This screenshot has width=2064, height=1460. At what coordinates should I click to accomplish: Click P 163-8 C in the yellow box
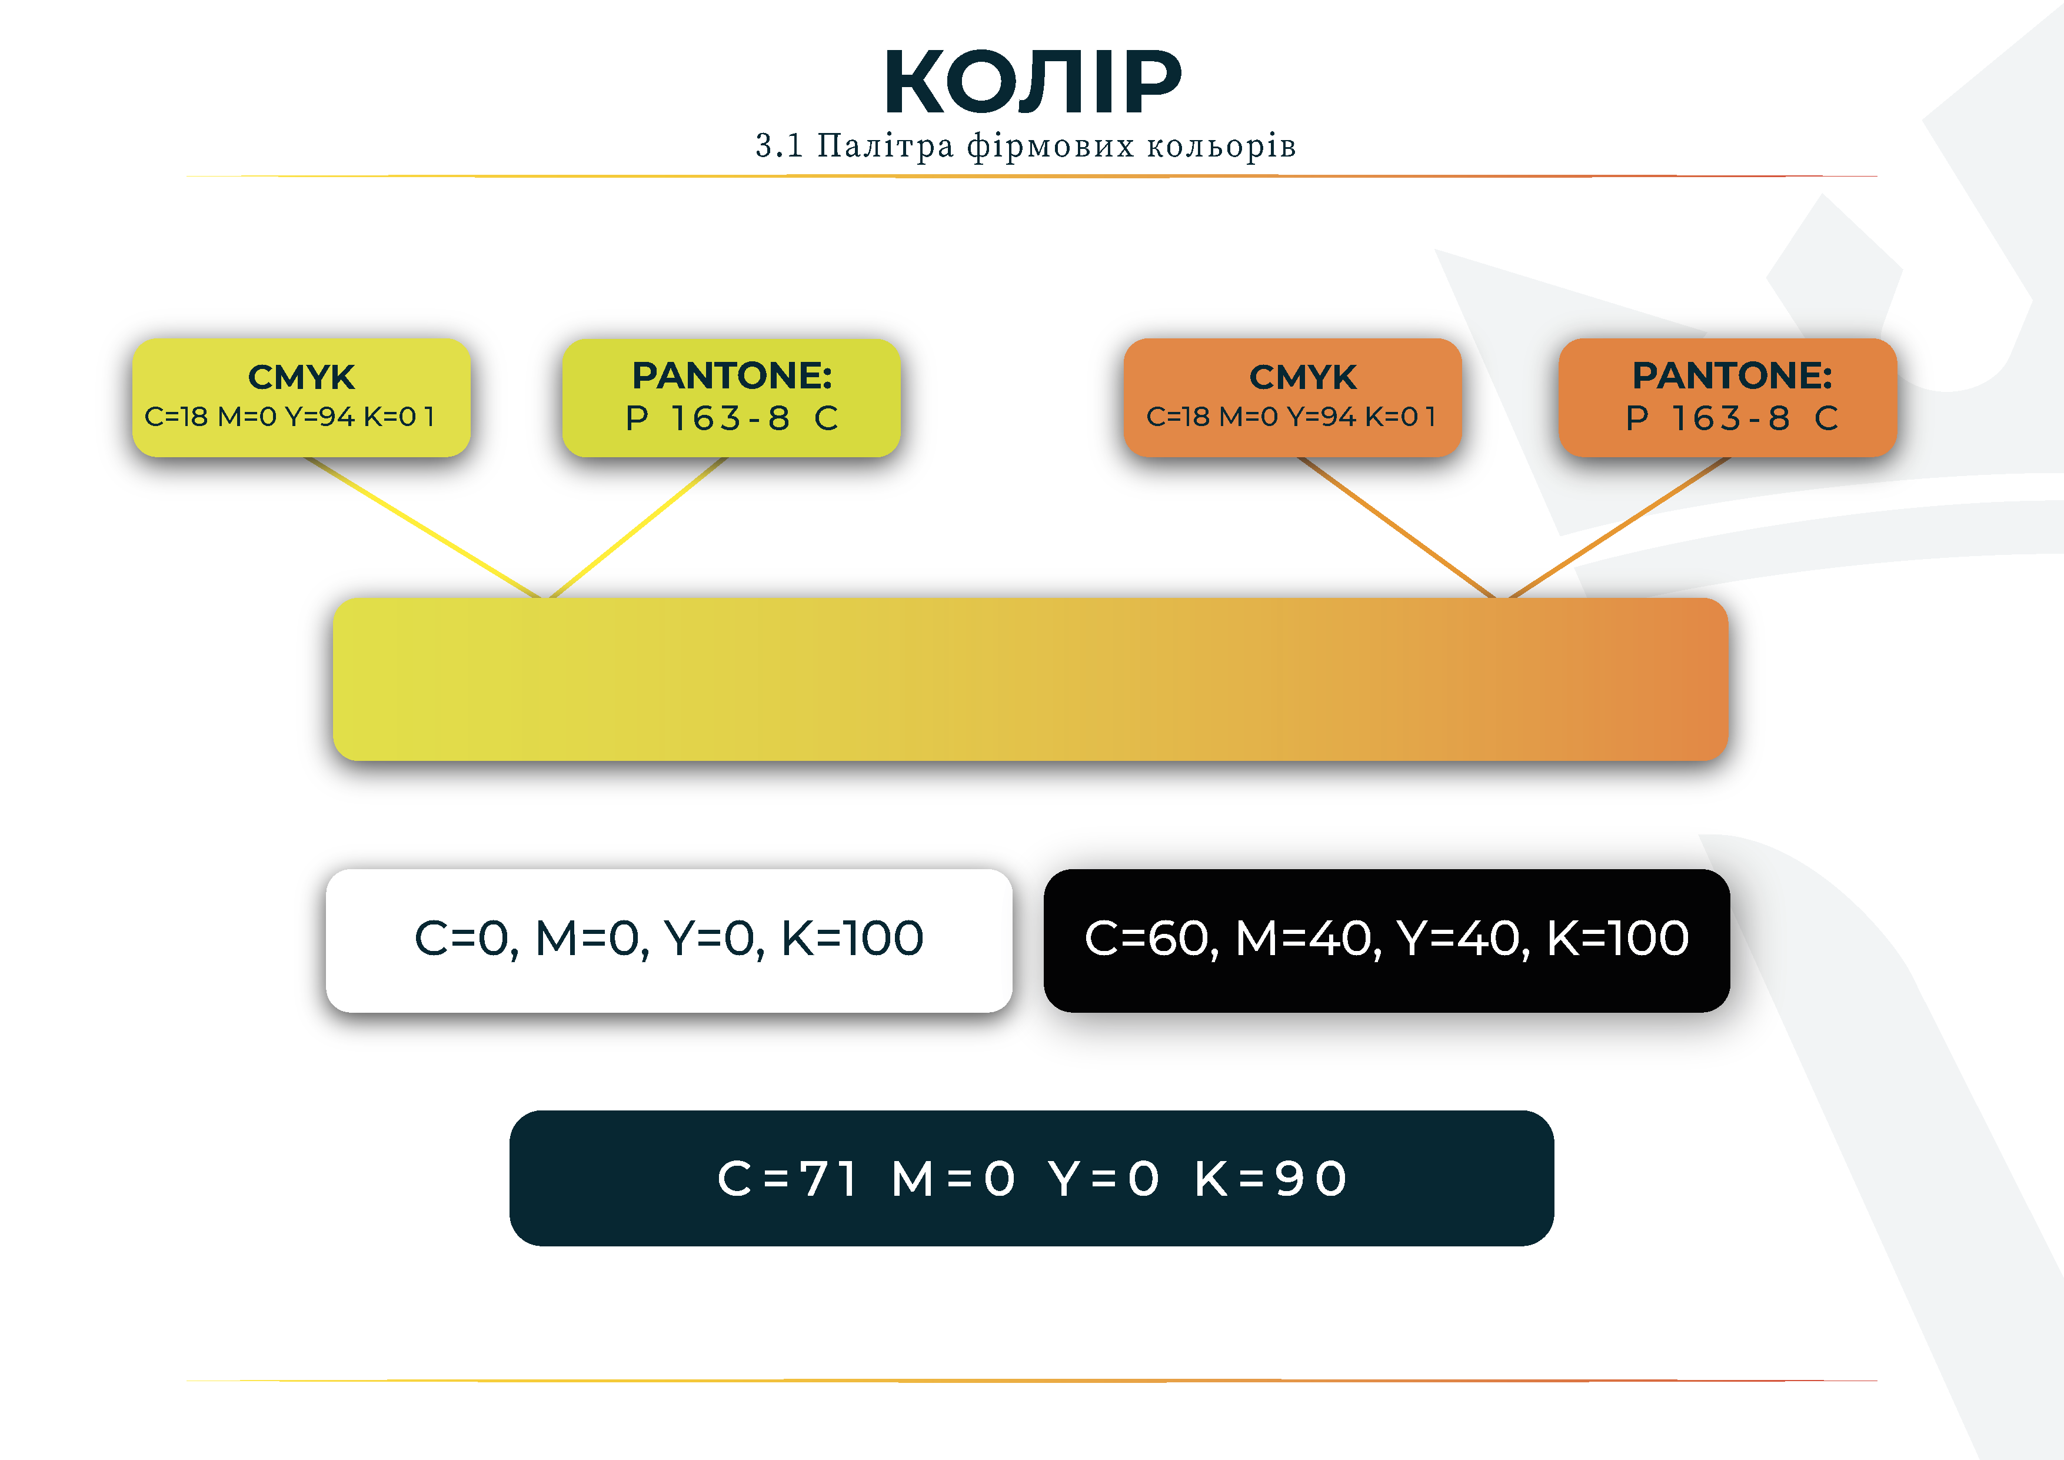point(732,418)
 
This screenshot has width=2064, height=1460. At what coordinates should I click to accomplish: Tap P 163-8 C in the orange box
point(1732,418)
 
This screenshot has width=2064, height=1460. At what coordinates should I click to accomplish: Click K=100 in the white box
point(852,939)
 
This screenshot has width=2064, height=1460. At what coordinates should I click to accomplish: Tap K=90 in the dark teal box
point(1270,1179)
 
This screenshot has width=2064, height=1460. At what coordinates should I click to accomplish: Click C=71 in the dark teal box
point(787,1179)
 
